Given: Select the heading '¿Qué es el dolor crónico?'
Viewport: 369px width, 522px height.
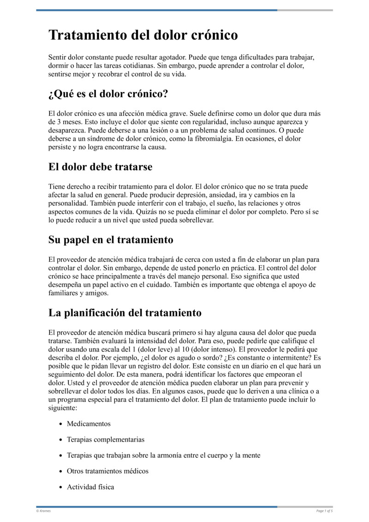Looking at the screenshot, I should (108, 94).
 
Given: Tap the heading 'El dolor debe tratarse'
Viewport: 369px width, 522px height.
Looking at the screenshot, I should (100, 167).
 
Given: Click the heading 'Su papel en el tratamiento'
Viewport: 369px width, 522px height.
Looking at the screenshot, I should (111, 240).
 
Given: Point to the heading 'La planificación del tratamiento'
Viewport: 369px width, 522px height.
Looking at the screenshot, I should (125, 313).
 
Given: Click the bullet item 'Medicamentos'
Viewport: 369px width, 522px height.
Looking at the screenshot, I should (89, 424).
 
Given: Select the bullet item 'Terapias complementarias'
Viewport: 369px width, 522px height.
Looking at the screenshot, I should (106, 439).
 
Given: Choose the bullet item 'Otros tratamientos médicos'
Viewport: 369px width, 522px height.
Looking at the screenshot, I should (107, 471).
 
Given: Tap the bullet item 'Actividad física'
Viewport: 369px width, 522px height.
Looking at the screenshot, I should (90, 487).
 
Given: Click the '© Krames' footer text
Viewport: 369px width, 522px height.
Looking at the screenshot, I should (43, 510).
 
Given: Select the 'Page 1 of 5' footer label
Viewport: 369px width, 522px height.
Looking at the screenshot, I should (324, 510).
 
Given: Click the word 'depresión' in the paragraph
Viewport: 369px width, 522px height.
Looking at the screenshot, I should (179, 195).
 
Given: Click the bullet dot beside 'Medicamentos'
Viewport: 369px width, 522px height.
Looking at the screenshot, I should (61, 424).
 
